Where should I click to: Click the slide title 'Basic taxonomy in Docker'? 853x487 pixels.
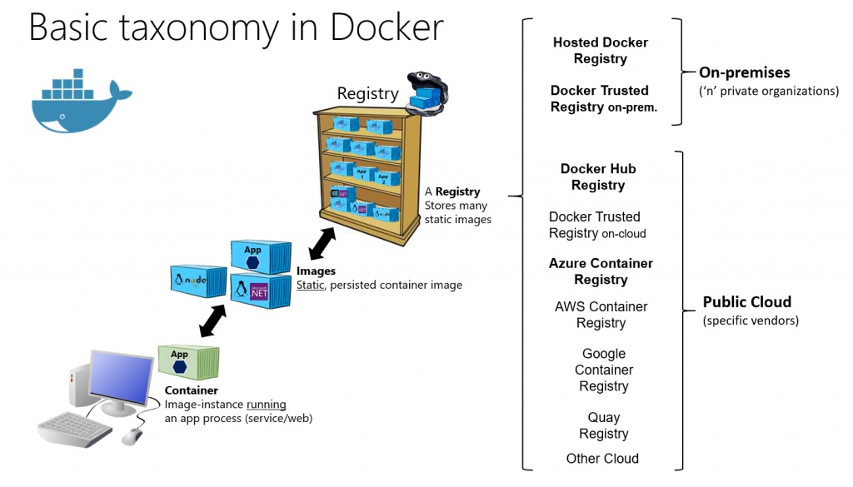point(236,27)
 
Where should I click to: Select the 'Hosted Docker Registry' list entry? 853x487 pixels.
point(600,51)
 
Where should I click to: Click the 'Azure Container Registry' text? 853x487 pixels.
point(601,271)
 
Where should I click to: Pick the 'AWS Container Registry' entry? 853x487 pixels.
point(601,315)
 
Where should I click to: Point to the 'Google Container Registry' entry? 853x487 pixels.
point(604,370)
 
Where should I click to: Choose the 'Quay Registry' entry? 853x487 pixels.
point(604,425)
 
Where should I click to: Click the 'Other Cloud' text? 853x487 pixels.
point(602,459)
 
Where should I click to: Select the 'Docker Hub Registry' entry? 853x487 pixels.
point(598,177)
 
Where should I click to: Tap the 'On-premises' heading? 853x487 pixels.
point(744,72)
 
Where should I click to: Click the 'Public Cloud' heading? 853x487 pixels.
point(746,302)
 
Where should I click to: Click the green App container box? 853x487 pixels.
point(188,362)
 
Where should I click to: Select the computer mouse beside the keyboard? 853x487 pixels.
point(132,436)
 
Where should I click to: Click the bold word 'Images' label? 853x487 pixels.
point(316,271)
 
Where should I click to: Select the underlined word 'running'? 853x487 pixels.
point(266,405)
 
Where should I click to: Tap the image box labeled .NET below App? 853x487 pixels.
point(261,290)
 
